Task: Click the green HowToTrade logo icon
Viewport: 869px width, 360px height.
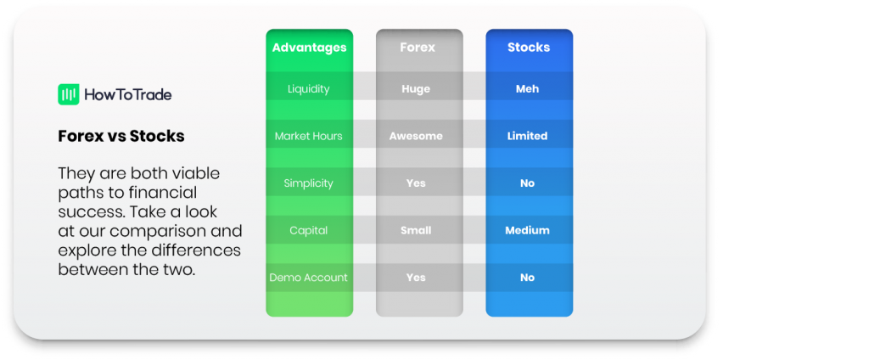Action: point(69,94)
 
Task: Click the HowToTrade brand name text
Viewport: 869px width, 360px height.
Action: point(128,95)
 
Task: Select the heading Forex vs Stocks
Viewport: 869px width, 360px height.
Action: point(121,136)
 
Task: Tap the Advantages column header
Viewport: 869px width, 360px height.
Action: point(309,48)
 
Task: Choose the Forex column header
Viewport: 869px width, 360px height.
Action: point(418,48)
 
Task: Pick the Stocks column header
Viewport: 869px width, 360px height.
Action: point(529,48)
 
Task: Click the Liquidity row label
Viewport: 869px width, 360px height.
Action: point(309,89)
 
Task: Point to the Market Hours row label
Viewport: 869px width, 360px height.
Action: point(309,136)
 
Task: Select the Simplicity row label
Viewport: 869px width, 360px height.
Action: point(309,183)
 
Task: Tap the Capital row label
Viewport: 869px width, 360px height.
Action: point(309,230)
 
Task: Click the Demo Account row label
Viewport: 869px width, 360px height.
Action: point(309,278)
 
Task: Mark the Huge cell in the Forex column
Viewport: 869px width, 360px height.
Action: point(416,89)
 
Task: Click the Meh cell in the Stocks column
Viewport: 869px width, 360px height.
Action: point(527,89)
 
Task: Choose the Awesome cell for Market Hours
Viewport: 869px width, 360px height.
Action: point(416,136)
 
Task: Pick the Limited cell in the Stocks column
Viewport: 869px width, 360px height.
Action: point(528,136)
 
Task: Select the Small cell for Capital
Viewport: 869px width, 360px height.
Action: point(416,230)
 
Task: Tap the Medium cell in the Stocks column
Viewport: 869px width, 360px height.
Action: point(528,230)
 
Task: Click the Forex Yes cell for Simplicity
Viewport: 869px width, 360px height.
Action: point(416,183)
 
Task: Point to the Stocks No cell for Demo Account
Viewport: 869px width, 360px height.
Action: point(528,278)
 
